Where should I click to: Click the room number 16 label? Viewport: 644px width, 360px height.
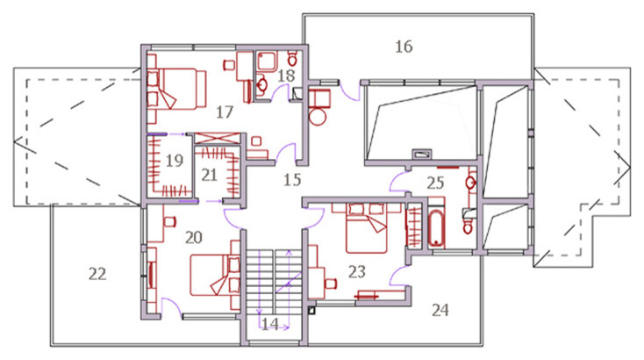click(404, 47)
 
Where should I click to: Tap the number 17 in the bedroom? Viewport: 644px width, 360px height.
click(225, 112)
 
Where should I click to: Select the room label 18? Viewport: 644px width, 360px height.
click(286, 76)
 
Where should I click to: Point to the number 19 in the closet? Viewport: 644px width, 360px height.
click(174, 161)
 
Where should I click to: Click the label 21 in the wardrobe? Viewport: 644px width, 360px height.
click(209, 175)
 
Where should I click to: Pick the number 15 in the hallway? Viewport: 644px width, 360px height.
click(292, 180)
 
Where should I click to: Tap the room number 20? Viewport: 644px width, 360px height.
click(193, 238)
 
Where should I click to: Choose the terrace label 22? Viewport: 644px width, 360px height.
click(97, 274)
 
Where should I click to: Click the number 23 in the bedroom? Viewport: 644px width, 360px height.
click(356, 271)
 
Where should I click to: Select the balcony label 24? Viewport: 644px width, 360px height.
click(440, 310)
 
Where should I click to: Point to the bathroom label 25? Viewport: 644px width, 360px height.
click(435, 183)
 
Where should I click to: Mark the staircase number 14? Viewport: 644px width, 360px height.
click(270, 324)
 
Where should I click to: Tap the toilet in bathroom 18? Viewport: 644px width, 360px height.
click(292, 58)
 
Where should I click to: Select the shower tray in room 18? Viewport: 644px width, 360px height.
click(267, 61)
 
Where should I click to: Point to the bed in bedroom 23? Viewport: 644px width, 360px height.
click(367, 228)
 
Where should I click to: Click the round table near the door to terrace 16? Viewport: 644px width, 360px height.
click(318, 117)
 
